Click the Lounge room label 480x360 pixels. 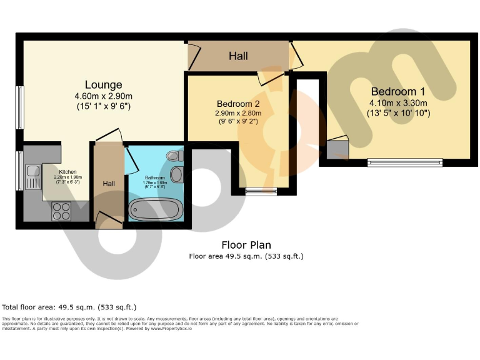[104, 84]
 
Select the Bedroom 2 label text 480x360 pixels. [238, 103]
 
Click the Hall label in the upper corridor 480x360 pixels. [237, 56]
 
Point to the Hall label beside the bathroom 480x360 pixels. [109, 184]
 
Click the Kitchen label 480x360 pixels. [68, 171]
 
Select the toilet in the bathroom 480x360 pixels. [174, 156]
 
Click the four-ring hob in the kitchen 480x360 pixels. [61, 211]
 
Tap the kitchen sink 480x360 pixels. [32, 177]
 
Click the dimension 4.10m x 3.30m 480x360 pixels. [397, 103]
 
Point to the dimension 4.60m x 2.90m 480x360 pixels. [104, 96]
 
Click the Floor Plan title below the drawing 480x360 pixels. [246, 245]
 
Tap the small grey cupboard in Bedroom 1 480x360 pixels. [337, 149]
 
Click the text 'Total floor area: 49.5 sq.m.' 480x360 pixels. [69, 307]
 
